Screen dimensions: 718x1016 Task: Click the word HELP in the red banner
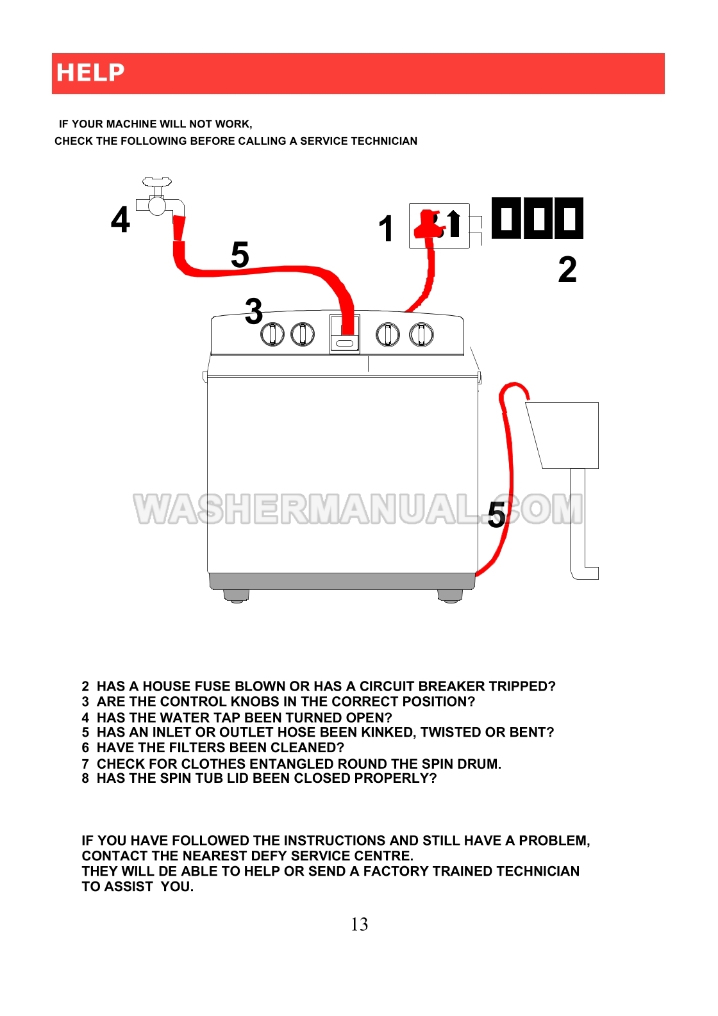point(90,72)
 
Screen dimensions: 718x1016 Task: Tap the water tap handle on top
point(157,182)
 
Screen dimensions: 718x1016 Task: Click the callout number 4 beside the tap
point(121,220)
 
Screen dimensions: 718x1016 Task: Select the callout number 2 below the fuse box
point(567,270)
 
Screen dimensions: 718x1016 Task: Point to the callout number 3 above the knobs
point(254,311)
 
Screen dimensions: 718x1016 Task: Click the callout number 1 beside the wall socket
point(386,229)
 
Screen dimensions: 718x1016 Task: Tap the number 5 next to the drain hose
point(497,515)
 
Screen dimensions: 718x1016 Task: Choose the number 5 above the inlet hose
point(240,255)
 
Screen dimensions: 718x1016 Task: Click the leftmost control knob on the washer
point(272,335)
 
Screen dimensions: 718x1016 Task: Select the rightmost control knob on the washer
point(421,335)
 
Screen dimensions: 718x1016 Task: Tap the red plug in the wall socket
point(426,224)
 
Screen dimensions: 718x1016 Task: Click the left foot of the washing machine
point(237,596)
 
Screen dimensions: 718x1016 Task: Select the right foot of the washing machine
point(450,596)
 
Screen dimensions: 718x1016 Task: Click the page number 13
point(360,924)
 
